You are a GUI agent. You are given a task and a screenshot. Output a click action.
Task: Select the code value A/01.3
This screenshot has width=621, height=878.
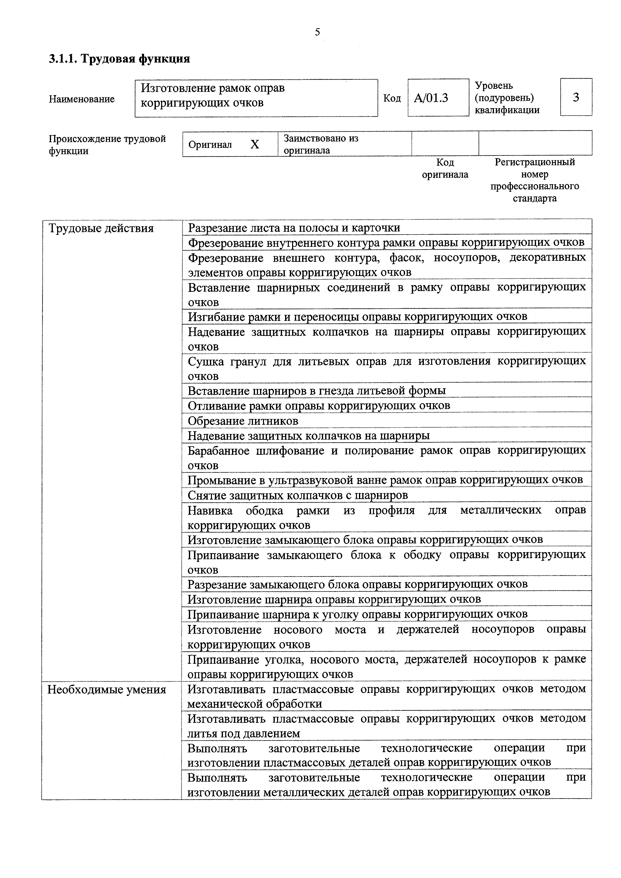pos(431,98)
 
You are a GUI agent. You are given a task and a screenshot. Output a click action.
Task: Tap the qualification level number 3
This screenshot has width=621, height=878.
pos(576,98)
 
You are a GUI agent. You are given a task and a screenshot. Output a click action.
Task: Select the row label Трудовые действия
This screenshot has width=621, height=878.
pos(101,229)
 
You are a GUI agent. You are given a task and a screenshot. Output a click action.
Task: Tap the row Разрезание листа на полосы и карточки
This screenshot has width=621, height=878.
pos(294,228)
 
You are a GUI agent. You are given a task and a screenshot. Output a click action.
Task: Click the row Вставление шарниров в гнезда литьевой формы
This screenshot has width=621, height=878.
pos(316,391)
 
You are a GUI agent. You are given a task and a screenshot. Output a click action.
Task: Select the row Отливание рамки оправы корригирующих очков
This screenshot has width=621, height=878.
pos(319,405)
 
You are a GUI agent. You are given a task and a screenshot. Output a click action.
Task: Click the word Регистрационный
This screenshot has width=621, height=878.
pos(535,162)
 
